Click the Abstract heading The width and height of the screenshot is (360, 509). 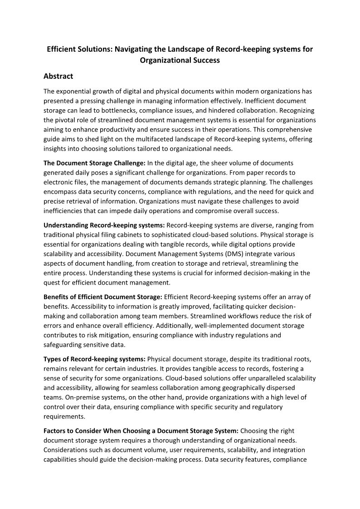tap(58, 76)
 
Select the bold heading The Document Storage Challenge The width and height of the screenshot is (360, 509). tap(95, 163)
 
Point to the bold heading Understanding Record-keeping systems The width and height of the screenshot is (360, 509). tap(104, 225)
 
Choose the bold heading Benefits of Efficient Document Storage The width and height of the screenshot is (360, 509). tap(102, 297)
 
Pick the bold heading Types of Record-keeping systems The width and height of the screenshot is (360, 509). tap(95, 359)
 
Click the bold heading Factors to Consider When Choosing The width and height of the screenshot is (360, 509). tap(141, 431)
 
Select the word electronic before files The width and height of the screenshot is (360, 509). tap(63, 182)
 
